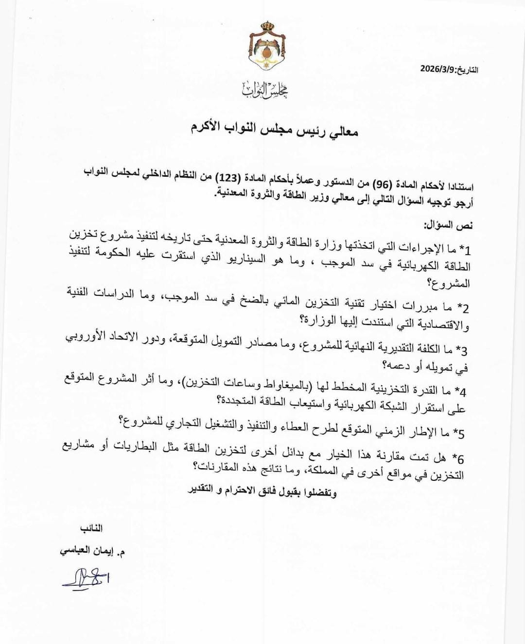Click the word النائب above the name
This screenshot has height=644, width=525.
[x=91, y=528]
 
